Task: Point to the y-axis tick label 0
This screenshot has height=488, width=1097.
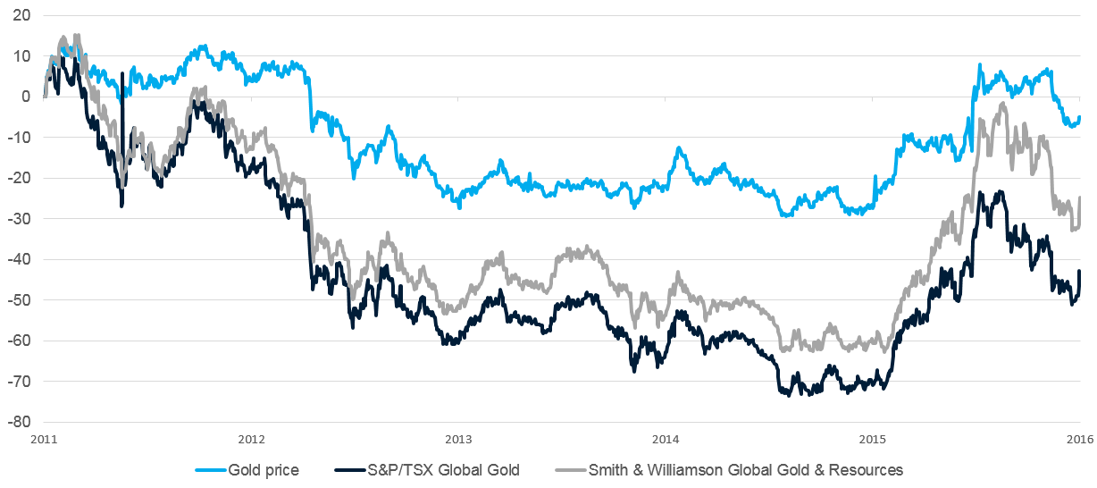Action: click(26, 97)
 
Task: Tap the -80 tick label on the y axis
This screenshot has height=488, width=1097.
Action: click(20, 422)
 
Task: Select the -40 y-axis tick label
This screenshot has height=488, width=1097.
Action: click(20, 259)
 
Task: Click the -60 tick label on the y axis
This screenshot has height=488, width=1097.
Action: click(20, 341)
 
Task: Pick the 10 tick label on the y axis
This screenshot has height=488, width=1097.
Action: click(21, 56)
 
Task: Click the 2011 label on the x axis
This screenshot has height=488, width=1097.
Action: click(44, 439)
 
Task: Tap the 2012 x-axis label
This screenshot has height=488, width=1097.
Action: click(251, 439)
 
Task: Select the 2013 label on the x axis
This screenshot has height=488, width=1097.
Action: click(458, 439)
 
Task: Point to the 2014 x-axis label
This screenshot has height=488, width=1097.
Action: click(666, 439)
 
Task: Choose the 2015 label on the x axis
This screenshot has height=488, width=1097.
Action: click(873, 439)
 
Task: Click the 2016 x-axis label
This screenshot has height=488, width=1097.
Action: click(1080, 439)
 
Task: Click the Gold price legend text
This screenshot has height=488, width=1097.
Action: click(264, 470)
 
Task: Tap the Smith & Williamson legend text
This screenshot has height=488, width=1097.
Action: click(745, 470)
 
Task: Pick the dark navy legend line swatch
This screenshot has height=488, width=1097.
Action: click(354, 470)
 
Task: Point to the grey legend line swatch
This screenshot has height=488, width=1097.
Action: click(568, 470)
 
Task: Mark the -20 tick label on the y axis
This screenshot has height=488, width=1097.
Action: click(20, 178)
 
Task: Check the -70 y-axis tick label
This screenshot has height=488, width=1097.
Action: click(20, 382)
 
